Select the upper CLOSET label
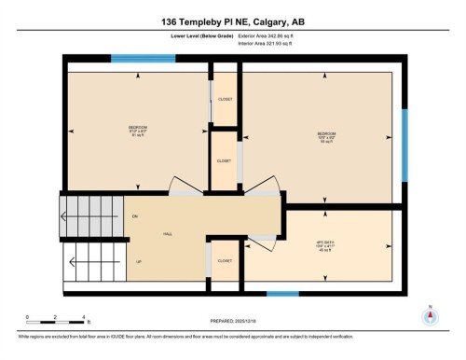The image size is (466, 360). pyautogui.click(x=225, y=98)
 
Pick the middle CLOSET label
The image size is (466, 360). pyautogui.click(x=224, y=160)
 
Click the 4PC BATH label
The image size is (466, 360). pyautogui.click(x=326, y=247)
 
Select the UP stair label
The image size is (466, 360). pyautogui.click(x=138, y=261)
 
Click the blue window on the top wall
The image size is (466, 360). pyautogui.click(x=136, y=59)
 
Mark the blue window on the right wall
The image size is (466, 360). pyautogui.click(x=404, y=145)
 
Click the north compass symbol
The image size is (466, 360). pyautogui.click(x=429, y=314)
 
